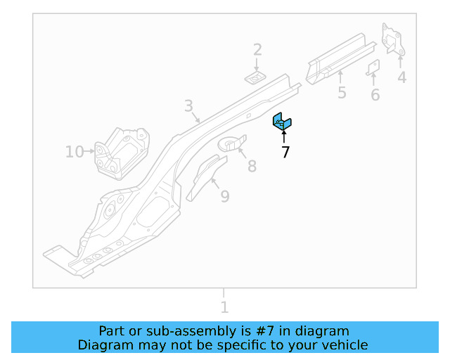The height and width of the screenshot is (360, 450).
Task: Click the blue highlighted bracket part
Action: pyautogui.click(x=282, y=122)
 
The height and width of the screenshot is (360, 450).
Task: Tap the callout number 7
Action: pyautogui.click(x=285, y=152)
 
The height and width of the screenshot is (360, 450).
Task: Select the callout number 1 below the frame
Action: pyautogui.click(x=224, y=307)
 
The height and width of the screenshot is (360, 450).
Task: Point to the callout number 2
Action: pyautogui.click(x=257, y=49)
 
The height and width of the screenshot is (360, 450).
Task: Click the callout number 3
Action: pyautogui.click(x=188, y=106)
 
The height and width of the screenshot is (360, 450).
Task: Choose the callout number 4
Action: pyautogui.click(x=401, y=77)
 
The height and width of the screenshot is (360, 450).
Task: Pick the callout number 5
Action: pyautogui.click(x=342, y=93)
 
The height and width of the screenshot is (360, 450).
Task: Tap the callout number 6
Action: pyautogui.click(x=375, y=95)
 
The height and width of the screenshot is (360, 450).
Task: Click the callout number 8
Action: pyautogui.click(x=251, y=166)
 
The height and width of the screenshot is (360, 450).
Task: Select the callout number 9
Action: pyautogui.click(x=224, y=196)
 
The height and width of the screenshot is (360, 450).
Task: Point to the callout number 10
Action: pyautogui.click(x=74, y=151)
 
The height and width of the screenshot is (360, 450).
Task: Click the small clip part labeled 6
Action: pyautogui.click(x=373, y=67)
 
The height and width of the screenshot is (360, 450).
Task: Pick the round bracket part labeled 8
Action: pyautogui.click(x=233, y=143)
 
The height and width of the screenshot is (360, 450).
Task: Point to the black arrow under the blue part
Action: pyautogui.click(x=284, y=136)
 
